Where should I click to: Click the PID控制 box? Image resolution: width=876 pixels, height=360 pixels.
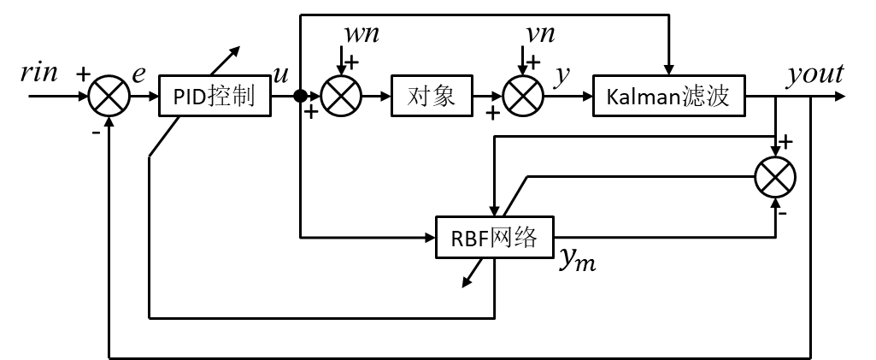(x=215, y=96)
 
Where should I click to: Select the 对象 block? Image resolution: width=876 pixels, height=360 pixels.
(x=432, y=96)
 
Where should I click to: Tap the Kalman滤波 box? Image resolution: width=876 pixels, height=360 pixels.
(x=668, y=96)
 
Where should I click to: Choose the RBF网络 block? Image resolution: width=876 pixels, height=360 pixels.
(x=494, y=238)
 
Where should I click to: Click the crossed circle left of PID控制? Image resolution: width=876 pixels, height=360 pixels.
(x=109, y=96)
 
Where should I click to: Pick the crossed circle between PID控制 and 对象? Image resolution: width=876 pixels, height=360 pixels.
(x=341, y=96)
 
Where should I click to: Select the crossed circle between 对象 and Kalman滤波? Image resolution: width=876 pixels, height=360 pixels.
(x=523, y=96)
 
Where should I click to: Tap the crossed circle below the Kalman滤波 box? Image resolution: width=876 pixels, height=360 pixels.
(x=775, y=178)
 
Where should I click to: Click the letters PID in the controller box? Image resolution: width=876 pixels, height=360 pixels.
(x=190, y=97)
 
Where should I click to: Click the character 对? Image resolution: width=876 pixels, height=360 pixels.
(x=420, y=96)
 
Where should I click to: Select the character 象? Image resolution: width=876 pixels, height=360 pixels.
(x=444, y=96)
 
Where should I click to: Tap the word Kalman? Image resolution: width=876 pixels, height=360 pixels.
(x=643, y=97)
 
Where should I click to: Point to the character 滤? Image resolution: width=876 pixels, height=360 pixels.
(x=694, y=96)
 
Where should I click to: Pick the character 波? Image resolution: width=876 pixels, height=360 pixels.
(x=719, y=96)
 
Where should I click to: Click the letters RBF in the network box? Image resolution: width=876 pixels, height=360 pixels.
(x=468, y=239)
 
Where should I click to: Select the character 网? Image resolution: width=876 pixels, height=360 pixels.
(x=503, y=238)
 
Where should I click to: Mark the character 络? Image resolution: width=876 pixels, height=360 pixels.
(x=526, y=238)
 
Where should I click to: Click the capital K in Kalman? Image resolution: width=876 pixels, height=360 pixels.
(x=612, y=97)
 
